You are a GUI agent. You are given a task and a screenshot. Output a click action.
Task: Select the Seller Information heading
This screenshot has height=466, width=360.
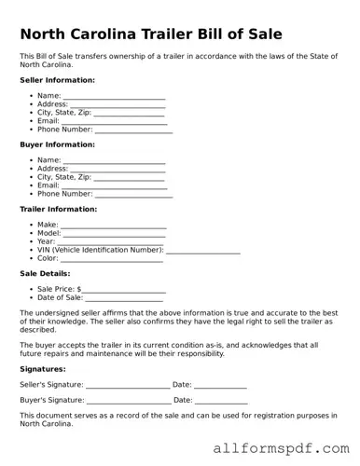click(x=57, y=80)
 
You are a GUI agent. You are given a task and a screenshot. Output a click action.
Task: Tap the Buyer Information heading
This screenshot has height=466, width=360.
click(x=57, y=144)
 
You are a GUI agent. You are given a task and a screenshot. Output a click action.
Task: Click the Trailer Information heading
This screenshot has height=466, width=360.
click(x=59, y=209)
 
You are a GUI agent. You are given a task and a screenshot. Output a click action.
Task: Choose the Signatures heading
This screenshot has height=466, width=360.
click(x=44, y=368)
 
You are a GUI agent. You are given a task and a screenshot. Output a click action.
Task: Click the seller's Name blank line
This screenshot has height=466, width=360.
click(x=115, y=96)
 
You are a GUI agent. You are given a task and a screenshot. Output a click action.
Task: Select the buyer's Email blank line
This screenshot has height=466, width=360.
click(x=115, y=185)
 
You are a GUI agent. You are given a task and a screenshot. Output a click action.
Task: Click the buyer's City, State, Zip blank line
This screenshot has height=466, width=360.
click(x=130, y=177)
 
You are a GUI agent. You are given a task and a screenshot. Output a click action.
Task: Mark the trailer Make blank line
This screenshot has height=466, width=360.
click(x=114, y=226)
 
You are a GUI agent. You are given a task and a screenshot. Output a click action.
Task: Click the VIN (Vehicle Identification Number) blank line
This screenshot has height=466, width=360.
click(x=202, y=251)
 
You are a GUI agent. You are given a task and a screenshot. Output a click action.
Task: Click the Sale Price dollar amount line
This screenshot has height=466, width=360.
click(x=125, y=290)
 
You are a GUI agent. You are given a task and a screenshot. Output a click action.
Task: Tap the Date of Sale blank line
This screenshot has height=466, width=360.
click(x=131, y=298)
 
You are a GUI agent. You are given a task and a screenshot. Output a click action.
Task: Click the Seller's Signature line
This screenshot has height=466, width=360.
click(x=128, y=385)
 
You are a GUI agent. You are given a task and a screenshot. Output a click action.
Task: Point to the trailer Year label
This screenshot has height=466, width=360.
click(x=47, y=241)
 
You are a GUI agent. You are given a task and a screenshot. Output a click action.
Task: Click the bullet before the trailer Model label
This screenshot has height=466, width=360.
click(x=31, y=233)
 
